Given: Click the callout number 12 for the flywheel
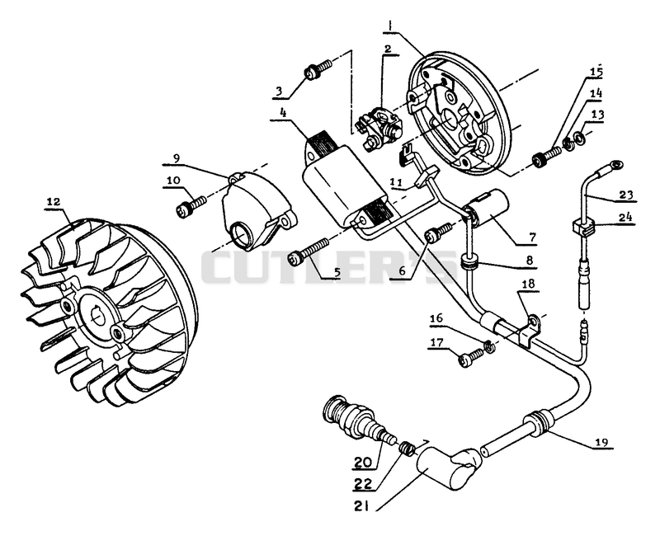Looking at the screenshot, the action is pyautogui.click(x=54, y=201).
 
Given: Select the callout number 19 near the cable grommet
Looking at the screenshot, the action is pyautogui.click(x=601, y=442).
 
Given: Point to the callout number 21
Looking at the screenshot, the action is pyautogui.click(x=361, y=507).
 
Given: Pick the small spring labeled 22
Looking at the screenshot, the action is pyautogui.click(x=407, y=447).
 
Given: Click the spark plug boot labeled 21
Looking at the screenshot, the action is pyautogui.click(x=448, y=468).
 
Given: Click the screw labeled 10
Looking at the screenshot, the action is pyautogui.click(x=191, y=205).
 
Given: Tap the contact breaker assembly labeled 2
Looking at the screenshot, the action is pyautogui.click(x=379, y=127).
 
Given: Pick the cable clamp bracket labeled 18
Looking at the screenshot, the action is pyautogui.click(x=527, y=331).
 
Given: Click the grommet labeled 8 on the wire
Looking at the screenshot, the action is pyautogui.click(x=469, y=264).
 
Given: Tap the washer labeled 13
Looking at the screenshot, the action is pyautogui.click(x=580, y=137).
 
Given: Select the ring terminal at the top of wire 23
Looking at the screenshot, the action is pyautogui.click(x=615, y=164).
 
